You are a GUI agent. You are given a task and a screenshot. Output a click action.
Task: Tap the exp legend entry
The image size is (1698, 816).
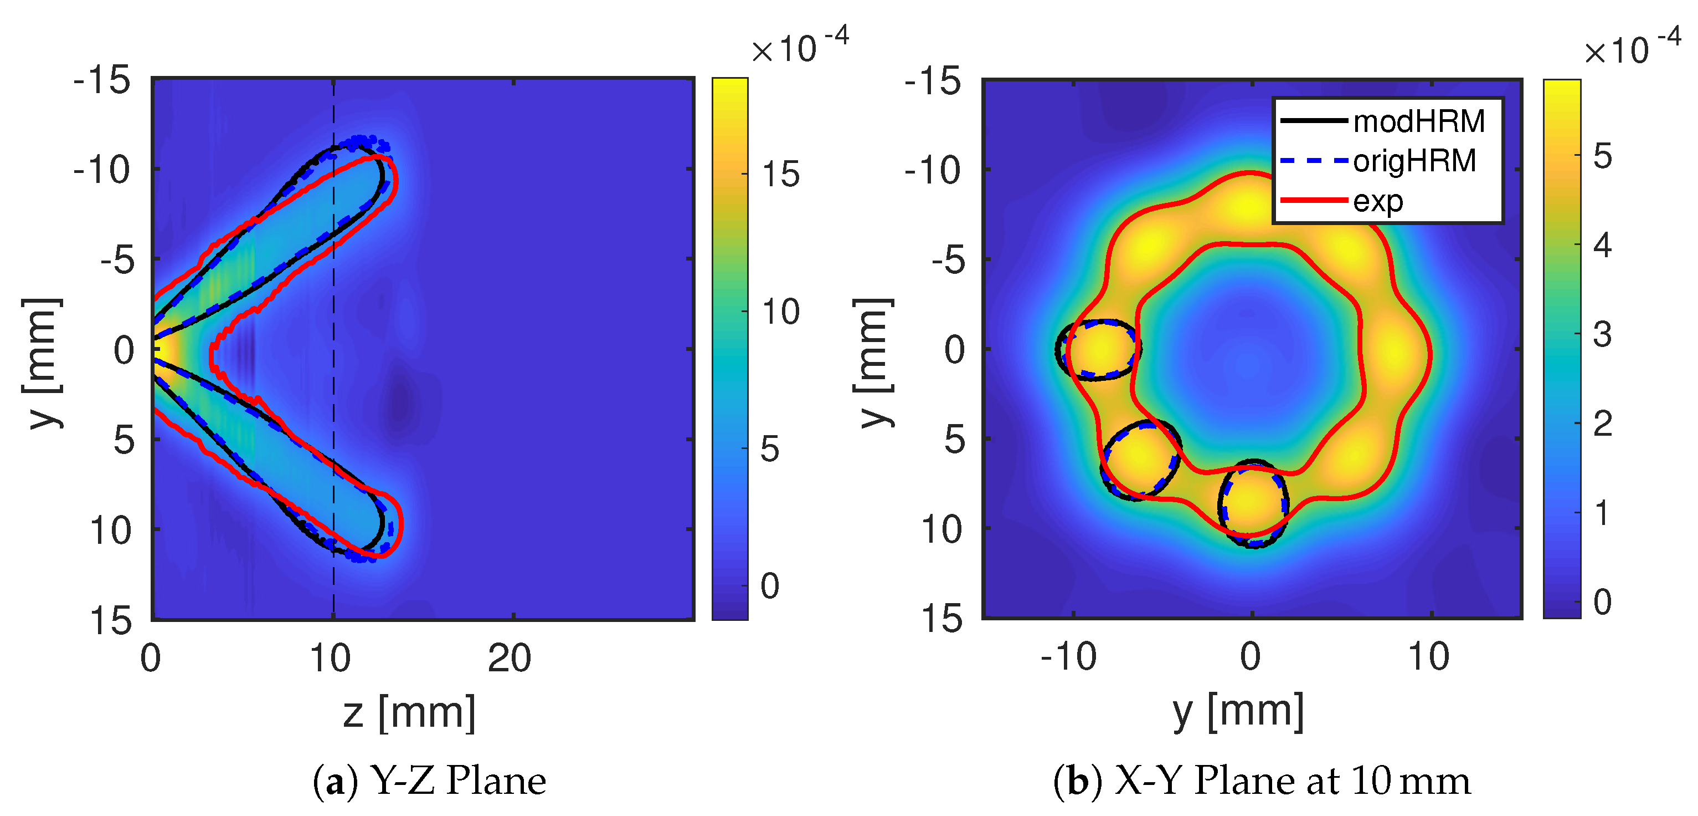pyautogui.click(x=1378, y=201)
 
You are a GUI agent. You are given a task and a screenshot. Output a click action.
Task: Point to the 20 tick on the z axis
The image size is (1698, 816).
pyautogui.click(x=510, y=657)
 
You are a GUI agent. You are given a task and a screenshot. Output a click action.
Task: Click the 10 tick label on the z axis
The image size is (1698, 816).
pyautogui.click(x=330, y=657)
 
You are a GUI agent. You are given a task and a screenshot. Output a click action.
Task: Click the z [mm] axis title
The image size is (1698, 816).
pyautogui.click(x=409, y=713)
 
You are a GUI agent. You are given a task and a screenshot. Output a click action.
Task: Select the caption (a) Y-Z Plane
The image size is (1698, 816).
pyautogui.click(x=429, y=781)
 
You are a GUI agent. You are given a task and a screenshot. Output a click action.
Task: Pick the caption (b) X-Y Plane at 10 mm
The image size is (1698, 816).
pyautogui.click(x=1261, y=781)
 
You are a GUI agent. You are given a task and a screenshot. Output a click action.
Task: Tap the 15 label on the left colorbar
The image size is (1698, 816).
pyautogui.click(x=780, y=174)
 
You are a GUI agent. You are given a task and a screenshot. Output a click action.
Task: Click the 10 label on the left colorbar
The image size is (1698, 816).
pyautogui.click(x=780, y=312)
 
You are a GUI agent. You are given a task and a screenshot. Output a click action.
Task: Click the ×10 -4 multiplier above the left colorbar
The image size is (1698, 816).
pyautogui.click(x=800, y=46)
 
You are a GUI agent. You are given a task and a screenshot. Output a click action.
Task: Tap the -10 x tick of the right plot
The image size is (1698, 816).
pyautogui.click(x=1069, y=656)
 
